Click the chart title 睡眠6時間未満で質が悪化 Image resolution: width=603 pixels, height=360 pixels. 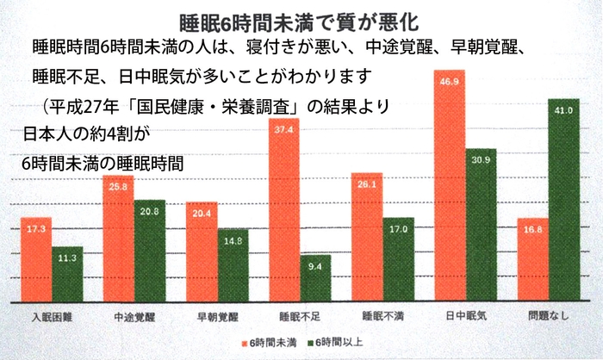coord(301,19)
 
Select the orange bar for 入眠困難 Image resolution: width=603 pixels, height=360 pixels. coord(37,258)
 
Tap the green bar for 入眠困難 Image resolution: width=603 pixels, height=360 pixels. coord(67,274)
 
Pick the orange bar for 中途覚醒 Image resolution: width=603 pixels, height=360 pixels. coord(118,239)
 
